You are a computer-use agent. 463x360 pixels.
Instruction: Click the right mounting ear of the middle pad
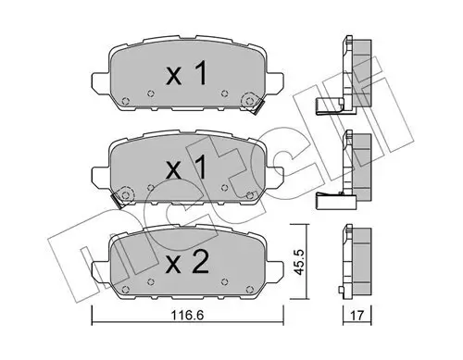click(269, 172)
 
